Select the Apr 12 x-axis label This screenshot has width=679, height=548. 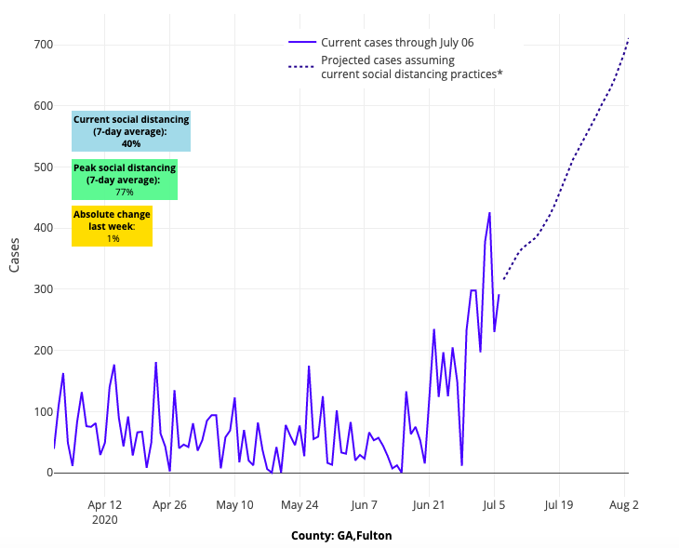click(x=104, y=505)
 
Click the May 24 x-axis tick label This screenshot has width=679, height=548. click(x=300, y=505)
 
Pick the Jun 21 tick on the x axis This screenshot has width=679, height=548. click(x=429, y=505)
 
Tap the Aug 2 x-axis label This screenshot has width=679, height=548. click(x=624, y=505)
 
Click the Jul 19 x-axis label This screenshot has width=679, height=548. click(x=559, y=505)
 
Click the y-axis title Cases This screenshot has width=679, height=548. click(x=14, y=252)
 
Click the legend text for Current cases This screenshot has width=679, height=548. click(x=397, y=42)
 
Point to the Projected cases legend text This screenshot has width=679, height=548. click(x=411, y=67)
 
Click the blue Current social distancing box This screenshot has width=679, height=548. click(x=131, y=131)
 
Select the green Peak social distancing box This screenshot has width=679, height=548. click(x=125, y=180)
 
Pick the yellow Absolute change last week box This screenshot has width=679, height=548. click(x=112, y=226)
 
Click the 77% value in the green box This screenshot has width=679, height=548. click(x=125, y=192)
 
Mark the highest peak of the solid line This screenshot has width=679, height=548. click(x=489, y=213)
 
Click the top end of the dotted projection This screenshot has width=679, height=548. click(x=629, y=38)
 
